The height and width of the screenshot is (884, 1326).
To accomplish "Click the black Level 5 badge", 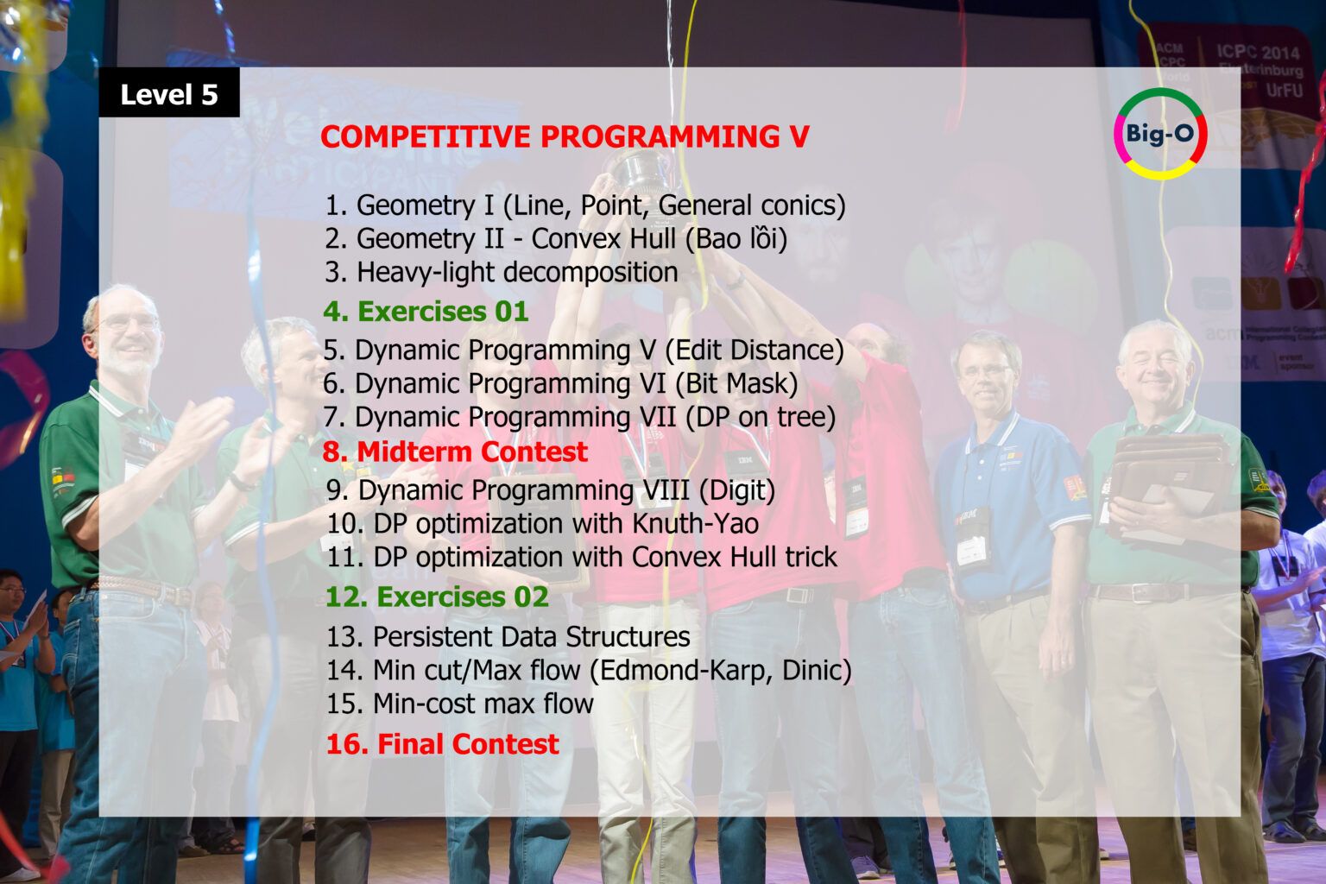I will [169, 93].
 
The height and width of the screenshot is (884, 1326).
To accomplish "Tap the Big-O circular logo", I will [1160, 134].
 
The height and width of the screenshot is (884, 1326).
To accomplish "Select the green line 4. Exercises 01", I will [426, 312].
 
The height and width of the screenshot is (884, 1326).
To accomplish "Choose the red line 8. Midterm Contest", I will [455, 451].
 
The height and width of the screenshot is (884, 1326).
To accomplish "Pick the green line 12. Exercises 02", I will [437, 597].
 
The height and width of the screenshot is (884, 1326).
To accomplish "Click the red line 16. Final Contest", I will [442, 743].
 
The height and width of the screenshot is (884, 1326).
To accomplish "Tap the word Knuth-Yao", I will [695, 524].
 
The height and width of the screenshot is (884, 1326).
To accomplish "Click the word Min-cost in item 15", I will [424, 704].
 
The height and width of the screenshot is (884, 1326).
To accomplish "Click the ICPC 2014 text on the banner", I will [1257, 52].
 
